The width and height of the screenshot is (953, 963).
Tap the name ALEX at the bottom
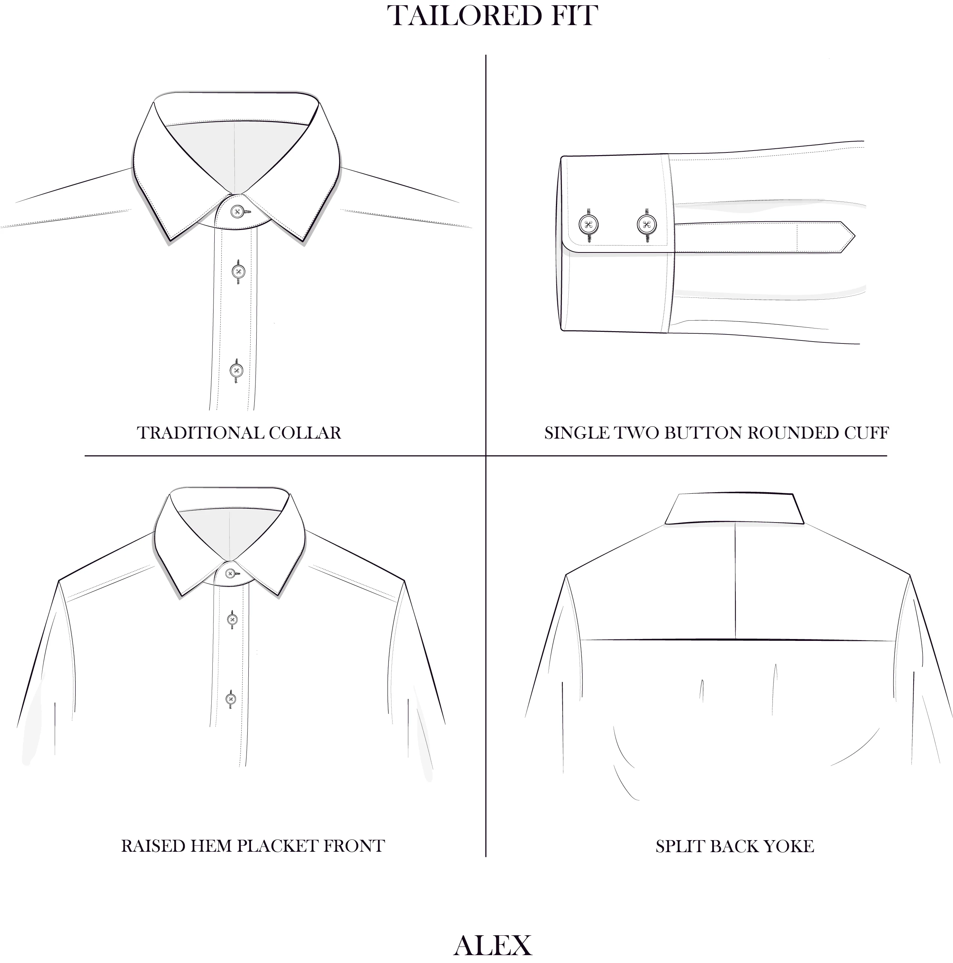493,945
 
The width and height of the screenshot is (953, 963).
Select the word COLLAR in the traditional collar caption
305,433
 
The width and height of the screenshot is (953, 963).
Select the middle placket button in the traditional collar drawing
238,272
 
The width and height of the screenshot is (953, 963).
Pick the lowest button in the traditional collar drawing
236,370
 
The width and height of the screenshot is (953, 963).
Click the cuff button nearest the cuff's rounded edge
589,224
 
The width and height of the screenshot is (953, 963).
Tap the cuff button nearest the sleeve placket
647,224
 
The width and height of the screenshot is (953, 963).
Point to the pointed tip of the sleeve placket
855,236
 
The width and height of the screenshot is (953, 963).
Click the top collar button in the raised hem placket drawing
230,574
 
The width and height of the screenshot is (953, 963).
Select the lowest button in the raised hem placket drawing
230,699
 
